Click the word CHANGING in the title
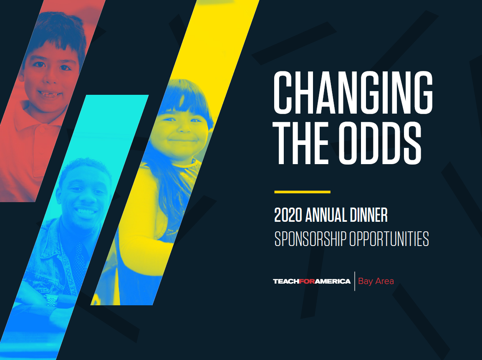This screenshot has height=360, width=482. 353,92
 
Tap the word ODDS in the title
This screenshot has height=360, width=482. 380,143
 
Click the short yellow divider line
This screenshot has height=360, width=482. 302,192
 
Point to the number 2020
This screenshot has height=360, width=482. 288,215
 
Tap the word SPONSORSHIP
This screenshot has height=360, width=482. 310,239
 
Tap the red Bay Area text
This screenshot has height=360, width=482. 376,281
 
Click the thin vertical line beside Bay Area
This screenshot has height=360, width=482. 355,281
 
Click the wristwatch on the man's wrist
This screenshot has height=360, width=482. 51,300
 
